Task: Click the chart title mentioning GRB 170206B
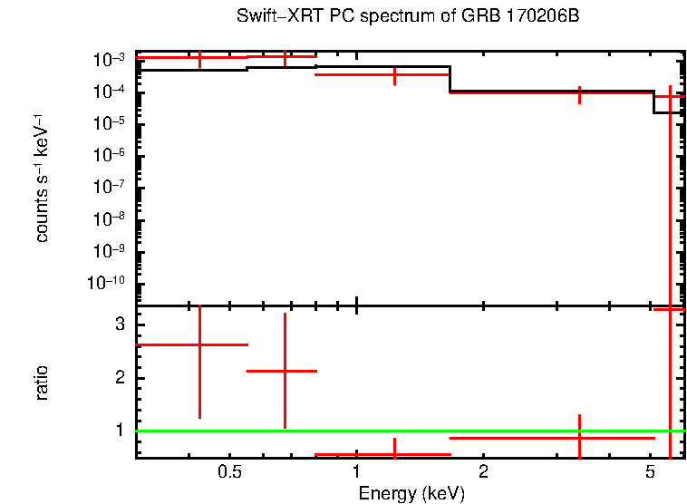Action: [x=407, y=17]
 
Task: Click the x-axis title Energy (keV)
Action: [x=411, y=493]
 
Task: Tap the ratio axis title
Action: [x=42, y=383]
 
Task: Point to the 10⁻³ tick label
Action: [x=107, y=60]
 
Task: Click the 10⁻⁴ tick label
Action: [x=107, y=92]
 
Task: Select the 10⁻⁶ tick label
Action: [x=107, y=155]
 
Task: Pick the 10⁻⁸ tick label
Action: [x=107, y=219]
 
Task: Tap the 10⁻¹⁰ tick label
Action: [x=105, y=283]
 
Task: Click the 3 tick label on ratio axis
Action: [x=119, y=325]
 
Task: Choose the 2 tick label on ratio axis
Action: [x=119, y=377]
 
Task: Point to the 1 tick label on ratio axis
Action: [x=119, y=430]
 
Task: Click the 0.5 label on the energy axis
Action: [x=229, y=472]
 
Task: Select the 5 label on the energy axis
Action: [x=650, y=472]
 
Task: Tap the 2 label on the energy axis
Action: [x=483, y=472]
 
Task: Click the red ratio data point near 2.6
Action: [x=199, y=344]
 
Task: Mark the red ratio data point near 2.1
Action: [x=285, y=371]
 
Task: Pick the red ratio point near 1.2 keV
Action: [x=394, y=453]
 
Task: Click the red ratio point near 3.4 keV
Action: [x=579, y=438]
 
